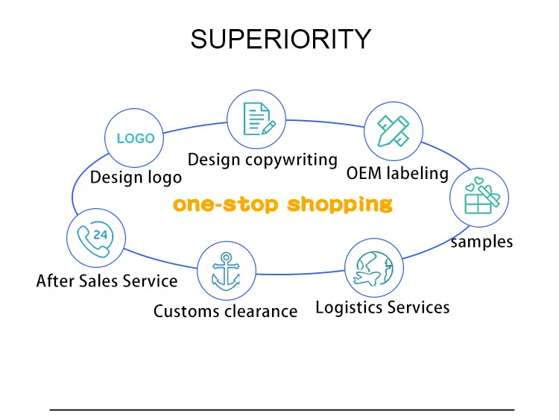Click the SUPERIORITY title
pos(280,39)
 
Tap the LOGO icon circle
pos(135,138)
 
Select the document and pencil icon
pos(257,119)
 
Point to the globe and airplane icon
pos(374,269)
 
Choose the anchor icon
pos(227,272)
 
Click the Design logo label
pos(136,178)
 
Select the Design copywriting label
pos(262,160)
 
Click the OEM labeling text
pos(397,174)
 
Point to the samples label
pos(481,241)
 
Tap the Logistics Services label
pos(382,307)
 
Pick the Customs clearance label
pos(225,310)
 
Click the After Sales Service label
pos(107,281)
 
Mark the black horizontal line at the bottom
pos(282,409)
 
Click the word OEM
pos(363,174)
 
